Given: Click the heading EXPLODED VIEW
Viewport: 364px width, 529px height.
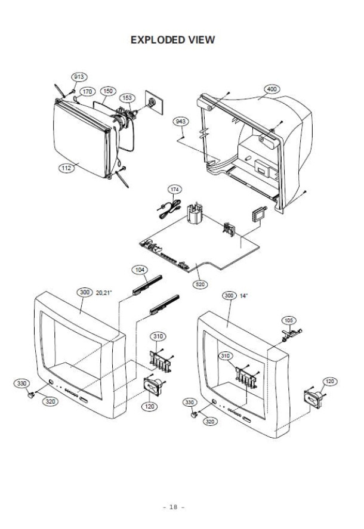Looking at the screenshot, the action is click(x=172, y=40).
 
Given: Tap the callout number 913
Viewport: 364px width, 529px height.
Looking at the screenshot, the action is click(x=79, y=77).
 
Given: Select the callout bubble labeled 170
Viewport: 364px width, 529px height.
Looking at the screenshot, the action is click(x=87, y=91).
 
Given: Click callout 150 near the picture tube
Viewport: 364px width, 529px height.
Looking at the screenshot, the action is click(x=108, y=91).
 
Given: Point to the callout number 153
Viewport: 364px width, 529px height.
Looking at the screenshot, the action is click(x=127, y=98).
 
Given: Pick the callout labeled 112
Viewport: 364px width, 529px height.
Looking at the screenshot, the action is click(x=66, y=168).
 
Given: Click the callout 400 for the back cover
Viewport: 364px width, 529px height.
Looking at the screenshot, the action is click(x=272, y=89).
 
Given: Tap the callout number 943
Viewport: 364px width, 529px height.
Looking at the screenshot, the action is click(x=181, y=121).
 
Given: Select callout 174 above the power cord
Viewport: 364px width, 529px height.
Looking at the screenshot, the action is click(x=175, y=189).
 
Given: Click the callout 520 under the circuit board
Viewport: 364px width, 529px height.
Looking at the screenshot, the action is click(x=200, y=284).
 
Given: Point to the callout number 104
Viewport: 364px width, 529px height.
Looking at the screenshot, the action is click(x=140, y=270).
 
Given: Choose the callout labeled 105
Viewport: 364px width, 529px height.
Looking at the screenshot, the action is click(x=289, y=320).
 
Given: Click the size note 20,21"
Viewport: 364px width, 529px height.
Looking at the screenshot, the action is click(x=104, y=292).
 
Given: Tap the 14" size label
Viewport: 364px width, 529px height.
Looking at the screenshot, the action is click(x=243, y=296).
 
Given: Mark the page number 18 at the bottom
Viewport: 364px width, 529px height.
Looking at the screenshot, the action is click(x=173, y=507).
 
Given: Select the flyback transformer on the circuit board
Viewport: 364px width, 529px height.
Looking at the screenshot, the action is click(x=195, y=214).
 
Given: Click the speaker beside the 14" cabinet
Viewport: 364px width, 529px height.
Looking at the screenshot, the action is click(x=314, y=399).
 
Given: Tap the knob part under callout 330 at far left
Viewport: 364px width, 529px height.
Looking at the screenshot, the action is click(x=30, y=395).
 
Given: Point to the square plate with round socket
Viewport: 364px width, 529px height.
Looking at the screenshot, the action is click(x=153, y=102).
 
